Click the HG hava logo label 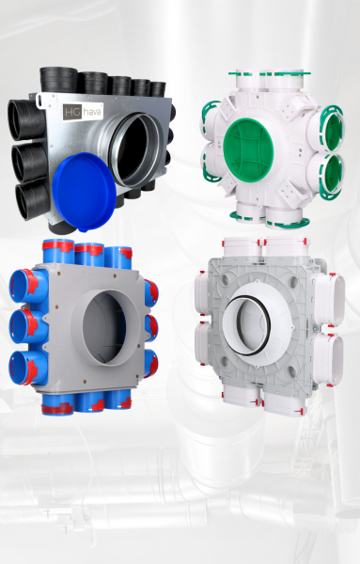(83, 112)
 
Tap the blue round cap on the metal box (85, 192)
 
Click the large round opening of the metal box (136, 149)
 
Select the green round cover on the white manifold (248, 150)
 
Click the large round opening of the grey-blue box (104, 327)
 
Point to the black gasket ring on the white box (246, 325)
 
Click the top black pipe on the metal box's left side (27, 119)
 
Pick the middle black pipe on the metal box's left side (30, 162)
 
